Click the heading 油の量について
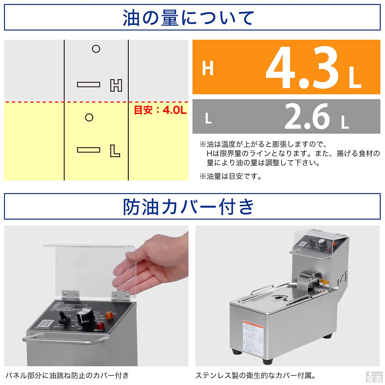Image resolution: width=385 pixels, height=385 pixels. [188, 18]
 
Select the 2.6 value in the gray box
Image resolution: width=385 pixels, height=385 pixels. [307, 116]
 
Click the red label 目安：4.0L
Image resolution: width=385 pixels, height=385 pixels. [160, 110]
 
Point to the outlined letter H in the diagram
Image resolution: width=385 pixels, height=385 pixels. [116, 85]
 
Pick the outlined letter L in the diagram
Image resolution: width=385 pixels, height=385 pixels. [115, 151]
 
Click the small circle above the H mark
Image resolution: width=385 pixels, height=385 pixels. [96, 49]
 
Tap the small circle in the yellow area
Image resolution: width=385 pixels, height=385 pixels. [89, 117]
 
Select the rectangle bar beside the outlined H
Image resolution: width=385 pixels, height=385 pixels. [88, 84]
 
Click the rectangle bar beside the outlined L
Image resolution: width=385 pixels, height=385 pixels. [88, 150]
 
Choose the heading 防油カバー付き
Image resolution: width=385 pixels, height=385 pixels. [188, 207]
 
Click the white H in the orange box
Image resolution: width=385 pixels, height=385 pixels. [208, 68]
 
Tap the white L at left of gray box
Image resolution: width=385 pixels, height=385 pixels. [209, 118]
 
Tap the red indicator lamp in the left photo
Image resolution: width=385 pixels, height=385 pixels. [100, 326]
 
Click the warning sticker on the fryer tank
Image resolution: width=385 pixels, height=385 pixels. [253, 337]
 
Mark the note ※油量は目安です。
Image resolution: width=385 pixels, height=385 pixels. [231, 176]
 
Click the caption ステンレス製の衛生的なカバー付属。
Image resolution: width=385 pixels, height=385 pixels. [255, 375]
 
